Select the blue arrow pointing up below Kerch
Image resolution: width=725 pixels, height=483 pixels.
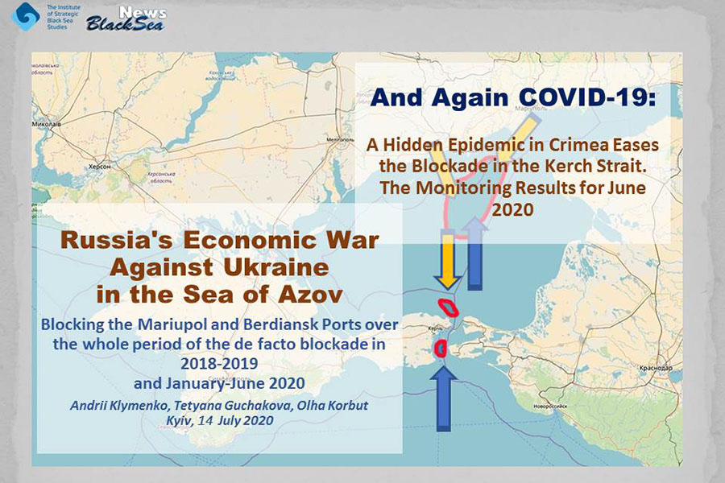click(x=441, y=397)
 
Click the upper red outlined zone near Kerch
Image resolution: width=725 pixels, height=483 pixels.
click(x=448, y=306)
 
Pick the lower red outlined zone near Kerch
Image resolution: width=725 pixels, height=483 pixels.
click(x=440, y=348)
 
